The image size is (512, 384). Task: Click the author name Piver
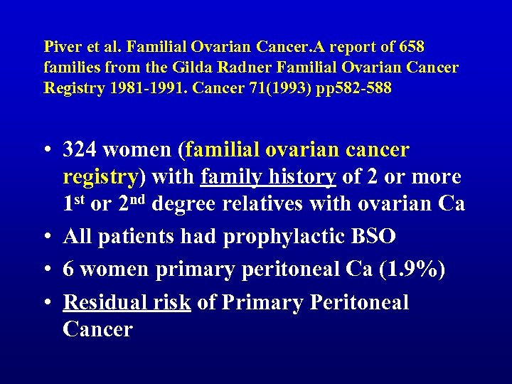point(60,48)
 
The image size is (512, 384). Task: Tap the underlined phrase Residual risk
point(127,303)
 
